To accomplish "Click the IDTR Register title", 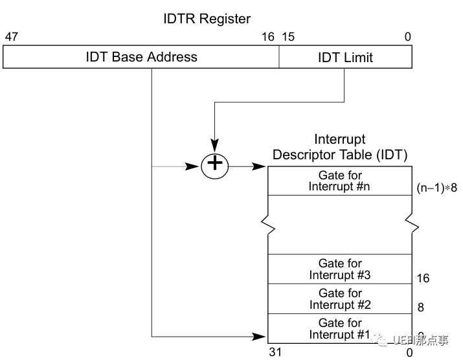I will pyautogui.click(x=207, y=19).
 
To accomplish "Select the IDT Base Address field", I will pyautogui.click(x=141, y=57).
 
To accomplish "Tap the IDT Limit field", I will pyautogui.click(x=345, y=57).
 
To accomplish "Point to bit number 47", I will pyautogui.click(x=11, y=37).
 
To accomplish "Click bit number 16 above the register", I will pyautogui.click(x=268, y=37).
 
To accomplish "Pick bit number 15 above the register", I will pyautogui.click(x=288, y=37).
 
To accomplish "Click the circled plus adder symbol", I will pyautogui.click(x=215, y=166).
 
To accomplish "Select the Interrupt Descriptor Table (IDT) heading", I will pyautogui.click(x=340, y=148).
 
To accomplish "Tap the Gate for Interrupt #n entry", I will pyautogui.click(x=340, y=181).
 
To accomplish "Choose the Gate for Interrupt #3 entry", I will pyautogui.click(x=340, y=269).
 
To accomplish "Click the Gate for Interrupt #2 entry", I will pyautogui.click(x=340, y=298).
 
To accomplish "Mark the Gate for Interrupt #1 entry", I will pyautogui.click(x=340, y=328).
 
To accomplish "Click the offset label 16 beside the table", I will pyautogui.click(x=422, y=279).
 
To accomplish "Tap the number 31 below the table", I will pyautogui.click(x=275, y=353).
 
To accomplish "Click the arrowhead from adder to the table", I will pyautogui.click(x=262, y=166).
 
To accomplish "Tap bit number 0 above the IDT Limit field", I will pyautogui.click(x=407, y=37).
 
